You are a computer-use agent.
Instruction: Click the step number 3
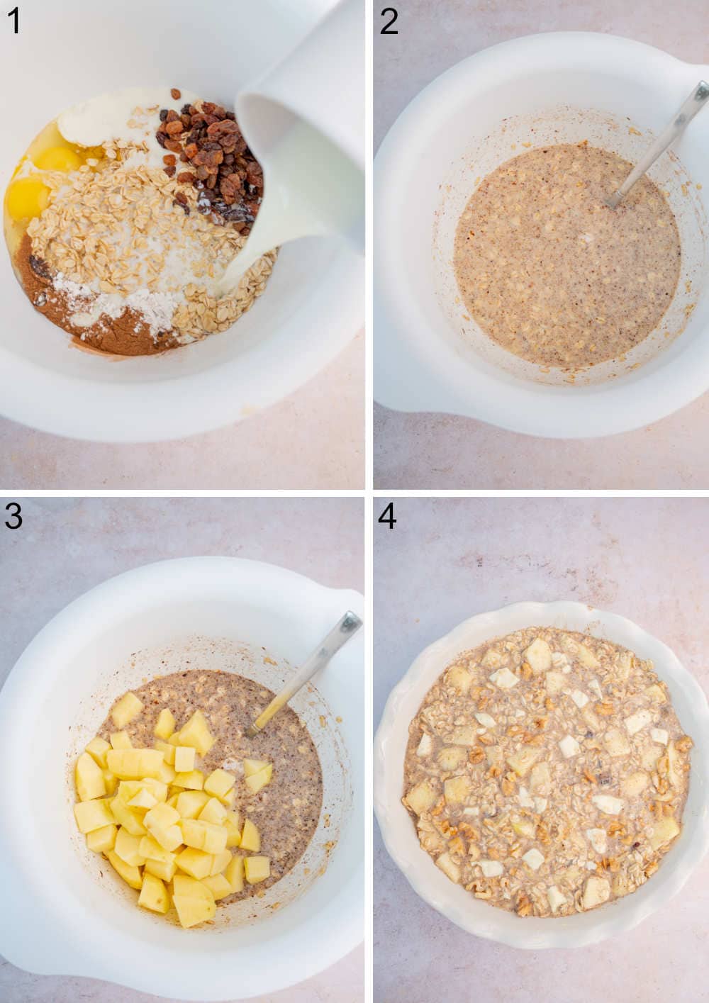point(13,516)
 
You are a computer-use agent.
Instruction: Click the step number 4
point(388,516)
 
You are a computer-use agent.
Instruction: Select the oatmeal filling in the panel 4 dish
point(546,773)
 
